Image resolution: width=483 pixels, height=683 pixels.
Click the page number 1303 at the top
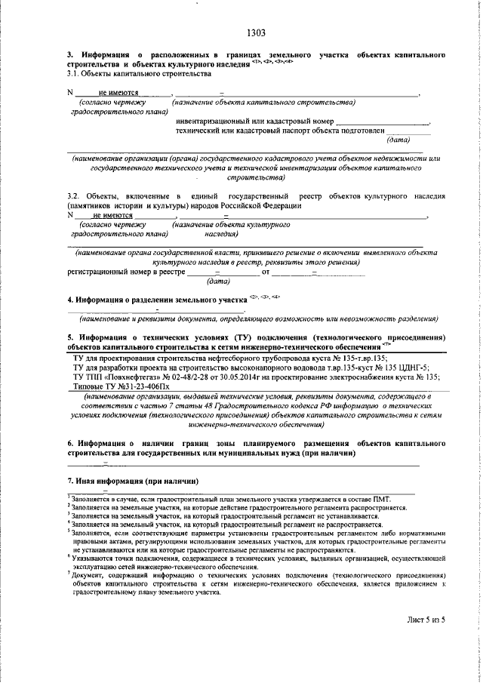click(256, 33)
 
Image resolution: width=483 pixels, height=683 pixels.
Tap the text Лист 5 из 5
click(426, 620)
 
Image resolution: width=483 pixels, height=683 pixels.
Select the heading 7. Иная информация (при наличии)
click(132, 481)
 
